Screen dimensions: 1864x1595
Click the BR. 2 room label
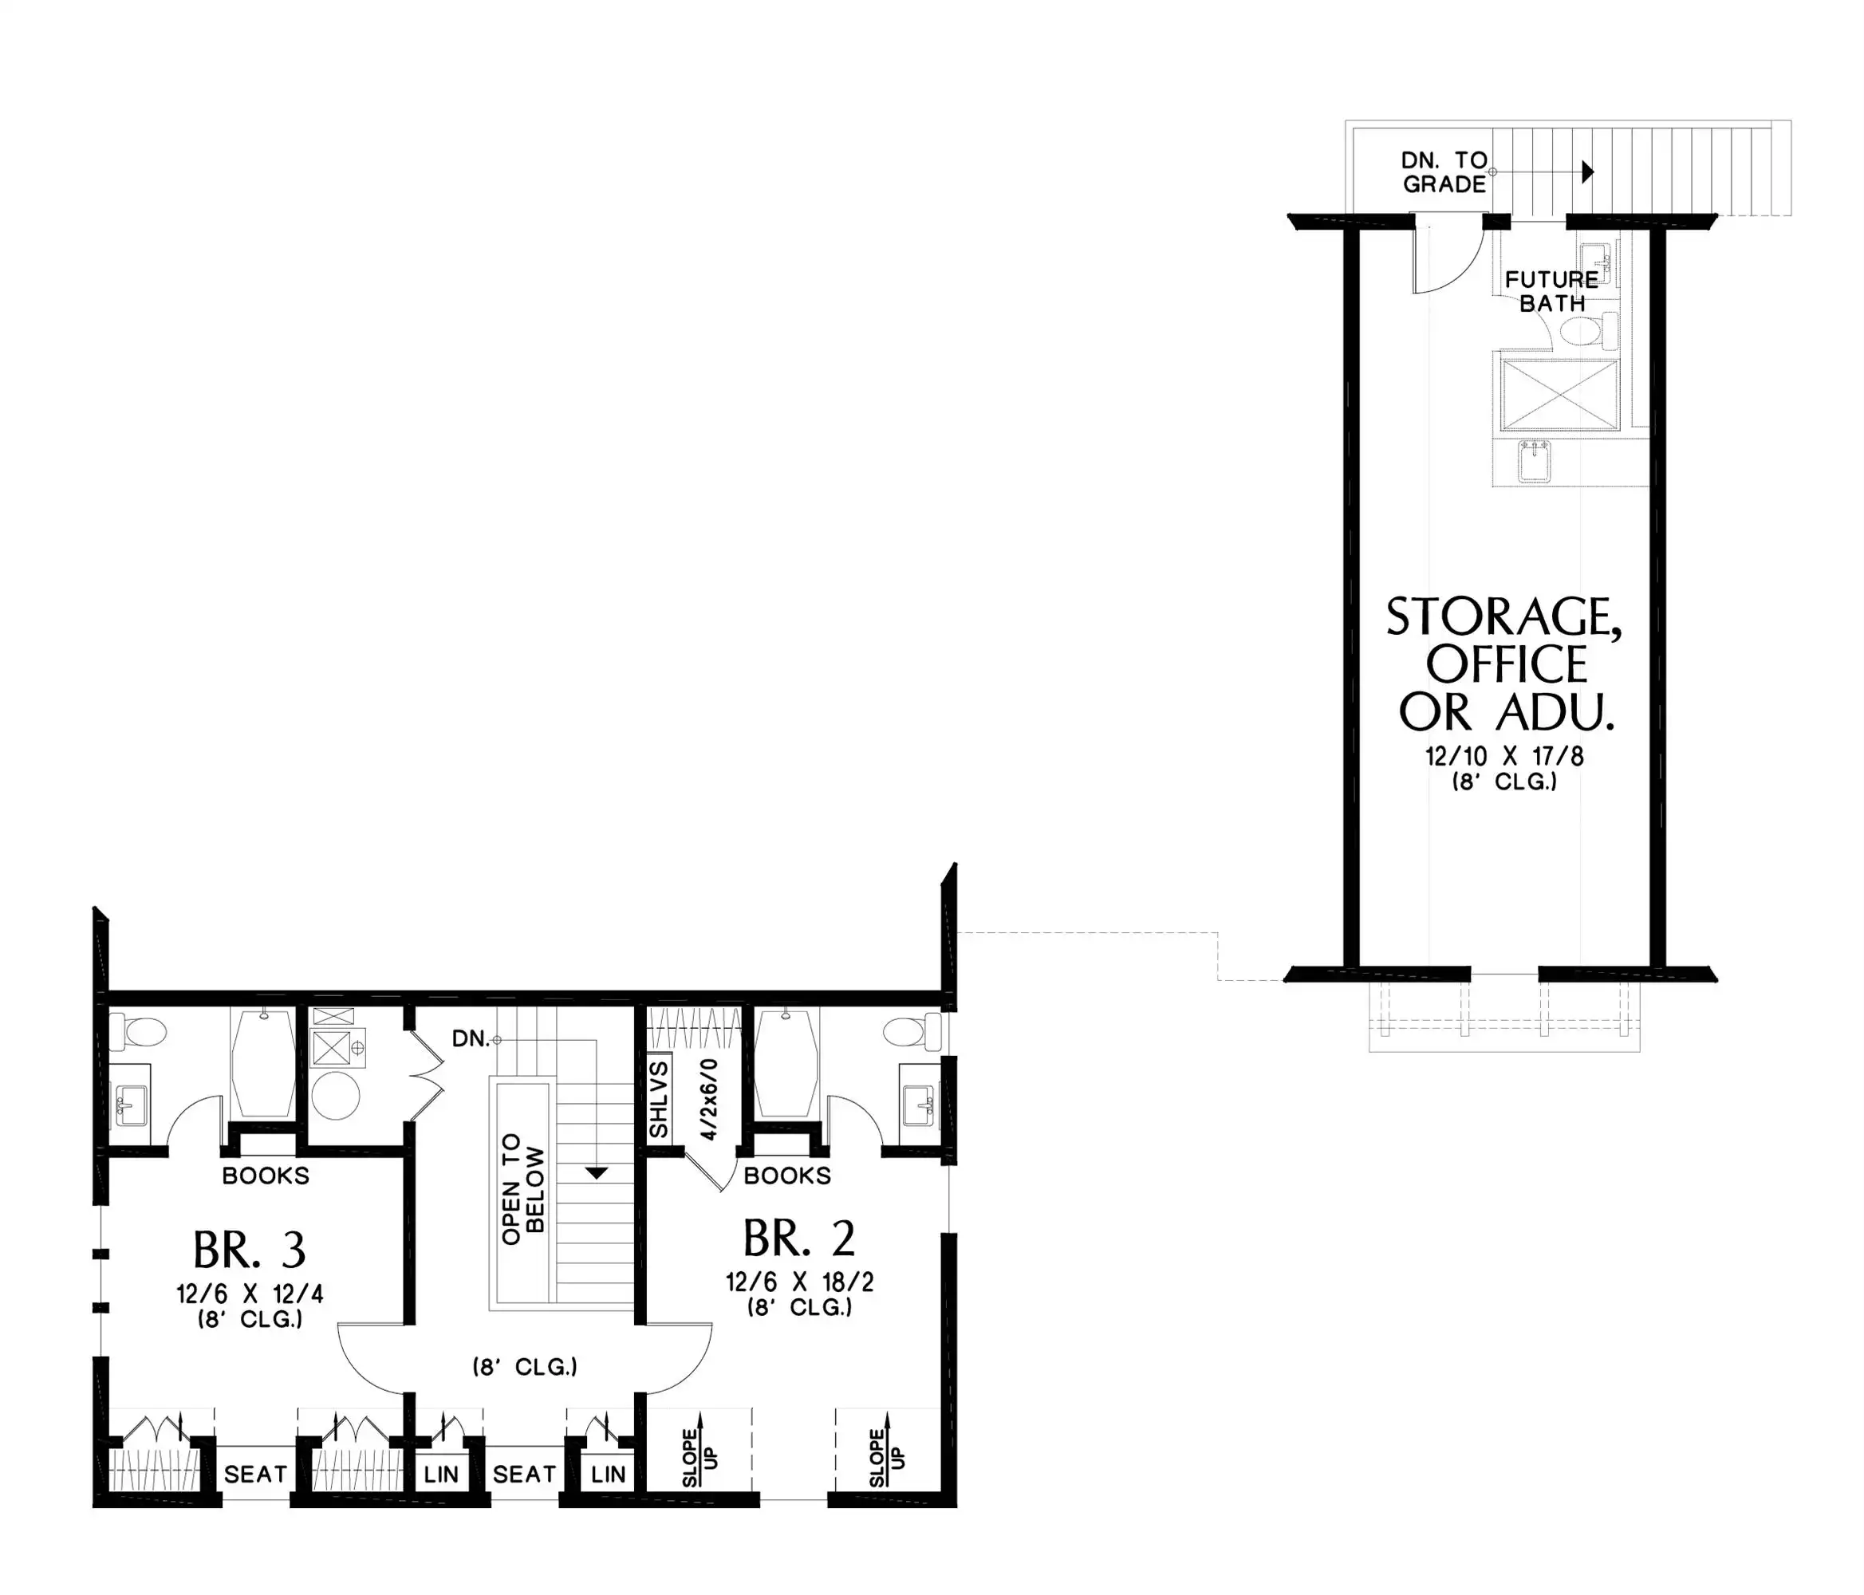tap(799, 1239)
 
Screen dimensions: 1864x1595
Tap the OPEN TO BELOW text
tap(522, 1189)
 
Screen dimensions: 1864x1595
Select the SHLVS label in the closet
tap(659, 1099)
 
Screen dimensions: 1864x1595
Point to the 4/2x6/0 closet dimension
tap(710, 1099)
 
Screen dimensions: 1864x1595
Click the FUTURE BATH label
tap(1552, 291)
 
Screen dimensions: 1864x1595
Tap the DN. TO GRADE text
tap(1444, 171)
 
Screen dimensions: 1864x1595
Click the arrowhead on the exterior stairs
tap(1588, 171)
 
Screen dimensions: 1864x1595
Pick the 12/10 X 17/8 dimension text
tap(1504, 757)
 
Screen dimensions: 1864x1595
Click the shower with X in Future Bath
tap(1559, 395)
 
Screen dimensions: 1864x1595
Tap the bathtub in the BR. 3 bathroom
tap(262, 1064)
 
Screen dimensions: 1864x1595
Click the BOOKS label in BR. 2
tap(787, 1176)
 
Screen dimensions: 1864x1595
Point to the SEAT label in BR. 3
tap(255, 1475)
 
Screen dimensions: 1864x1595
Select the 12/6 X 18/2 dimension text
tap(800, 1282)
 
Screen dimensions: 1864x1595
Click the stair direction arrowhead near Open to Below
tap(597, 1173)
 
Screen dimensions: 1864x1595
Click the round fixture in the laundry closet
tap(336, 1096)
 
